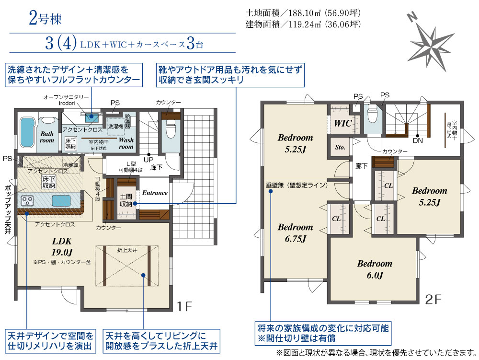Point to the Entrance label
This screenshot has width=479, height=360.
coord(155,193)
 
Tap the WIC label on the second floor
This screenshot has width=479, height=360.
coord(343,123)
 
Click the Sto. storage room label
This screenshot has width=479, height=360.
coord(341,147)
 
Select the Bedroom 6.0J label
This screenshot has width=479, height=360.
coord(374,269)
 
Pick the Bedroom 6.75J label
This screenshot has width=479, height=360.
coord(295,232)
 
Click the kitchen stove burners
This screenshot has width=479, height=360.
coord(27,199)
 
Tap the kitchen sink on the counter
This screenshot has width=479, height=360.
coord(61,200)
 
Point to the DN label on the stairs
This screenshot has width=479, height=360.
coord(417,141)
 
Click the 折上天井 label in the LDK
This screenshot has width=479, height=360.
coord(126,250)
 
